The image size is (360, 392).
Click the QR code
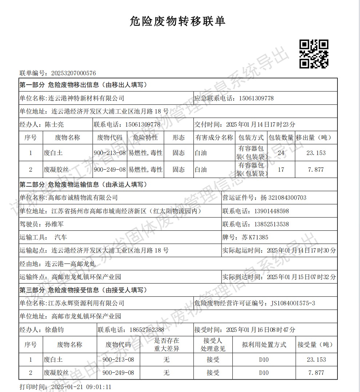pyautogui.click(x=314, y=54)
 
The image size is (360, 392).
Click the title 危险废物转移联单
pyautogui.click(x=177, y=21)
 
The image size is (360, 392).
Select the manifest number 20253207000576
pyautogui.click(x=74, y=73)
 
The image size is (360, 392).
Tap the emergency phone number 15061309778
pyautogui.click(x=256, y=98)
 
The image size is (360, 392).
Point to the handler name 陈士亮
pyautogui.click(x=54, y=124)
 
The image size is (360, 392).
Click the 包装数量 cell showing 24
pyautogui.click(x=281, y=153)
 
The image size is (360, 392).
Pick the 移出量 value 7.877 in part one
pyautogui.click(x=316, y=170)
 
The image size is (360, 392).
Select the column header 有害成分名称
pyautogui.click(x=214, y=138)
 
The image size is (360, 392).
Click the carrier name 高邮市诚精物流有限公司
pyautogui.click(x=83, y=198)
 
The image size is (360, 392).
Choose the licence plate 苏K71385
pyautogui.click(x=255, y=237)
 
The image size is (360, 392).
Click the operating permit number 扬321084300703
pyautogui.click(x=284, y=198)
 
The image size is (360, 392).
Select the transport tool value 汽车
pyautogui.click(x=61, y=237)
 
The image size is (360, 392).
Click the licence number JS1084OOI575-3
pyautogui.click(x=293, y=303)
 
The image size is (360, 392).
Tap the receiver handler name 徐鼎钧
pyautogui.click(x=54, y=330)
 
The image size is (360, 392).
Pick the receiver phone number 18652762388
pyautogui.click(x=147, y=330)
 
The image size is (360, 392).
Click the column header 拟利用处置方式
pyautogui.click(x=264, y=344)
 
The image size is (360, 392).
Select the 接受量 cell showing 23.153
pyautogui.click(x=316, y=360)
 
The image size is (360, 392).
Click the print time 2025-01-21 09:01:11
pyautogui.click(x=81, y=387)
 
